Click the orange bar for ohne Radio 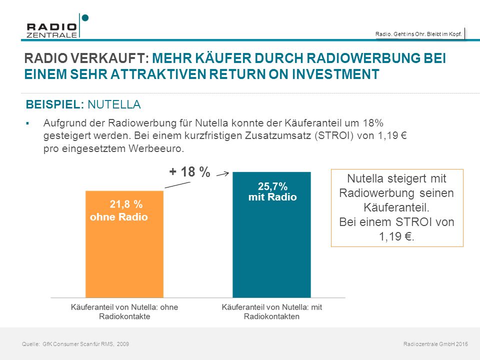(x=124, y=244)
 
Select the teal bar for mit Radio (x=272, y=234)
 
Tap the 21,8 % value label (x=126, y=204)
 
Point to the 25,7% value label (x=272, y=186)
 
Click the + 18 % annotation (x=190, y=171)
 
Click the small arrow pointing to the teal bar (x=222, y=174)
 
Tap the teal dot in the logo (x=85, y=18)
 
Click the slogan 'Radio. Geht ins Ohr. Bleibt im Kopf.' (x=418, y=34)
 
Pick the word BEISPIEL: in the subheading (x=55, y=104)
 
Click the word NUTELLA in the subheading (x=114, y=104)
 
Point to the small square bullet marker (x=27, y=123)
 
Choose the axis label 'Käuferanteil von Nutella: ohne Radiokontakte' (x=124, y=311)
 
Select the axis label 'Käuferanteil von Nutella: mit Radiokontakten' (x=272, y=311)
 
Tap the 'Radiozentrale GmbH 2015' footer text (x=435, y=344)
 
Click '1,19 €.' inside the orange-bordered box (x=396, y=236)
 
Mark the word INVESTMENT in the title (x=335, y=74)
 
